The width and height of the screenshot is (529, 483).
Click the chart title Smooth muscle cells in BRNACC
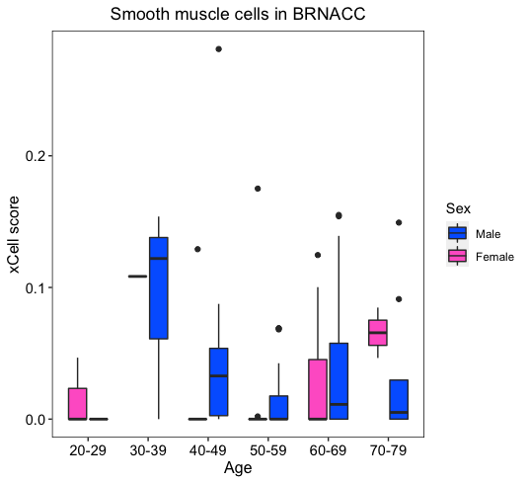[x=238, y=14]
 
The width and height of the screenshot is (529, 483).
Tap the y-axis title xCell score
[x=14, y=234]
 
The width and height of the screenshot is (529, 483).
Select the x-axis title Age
[x=238, y=468]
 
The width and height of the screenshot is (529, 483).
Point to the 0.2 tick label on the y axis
[x=35, y=156]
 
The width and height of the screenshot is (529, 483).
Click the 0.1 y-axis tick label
[x=35, y=287]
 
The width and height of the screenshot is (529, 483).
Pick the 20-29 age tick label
[x=88, y=450]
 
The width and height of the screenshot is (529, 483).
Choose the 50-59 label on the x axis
[x=267, y=450]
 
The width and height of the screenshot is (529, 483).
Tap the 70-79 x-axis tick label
[x=388, y=450]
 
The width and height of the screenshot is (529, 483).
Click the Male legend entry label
[x=488, y=234]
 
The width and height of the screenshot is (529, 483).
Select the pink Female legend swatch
[x=457, y=256]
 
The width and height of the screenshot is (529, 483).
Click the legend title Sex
[x=458, y=208]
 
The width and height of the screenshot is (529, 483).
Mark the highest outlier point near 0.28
[x=219, y=49]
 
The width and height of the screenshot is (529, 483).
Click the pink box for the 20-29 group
[x=78, y=404]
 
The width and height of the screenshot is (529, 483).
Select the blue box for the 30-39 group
[x=159, y=287]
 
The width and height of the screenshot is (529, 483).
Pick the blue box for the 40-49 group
[x=219, y=381]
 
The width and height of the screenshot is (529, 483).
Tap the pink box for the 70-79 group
[x=378, y=333]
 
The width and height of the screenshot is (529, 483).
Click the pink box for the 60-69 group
[x=318, y=389]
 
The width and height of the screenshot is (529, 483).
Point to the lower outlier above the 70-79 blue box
[x=399, y=299]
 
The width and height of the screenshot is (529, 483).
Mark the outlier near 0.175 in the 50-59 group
[x=258, y=189]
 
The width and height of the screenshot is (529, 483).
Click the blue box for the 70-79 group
[x=399, y=400]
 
